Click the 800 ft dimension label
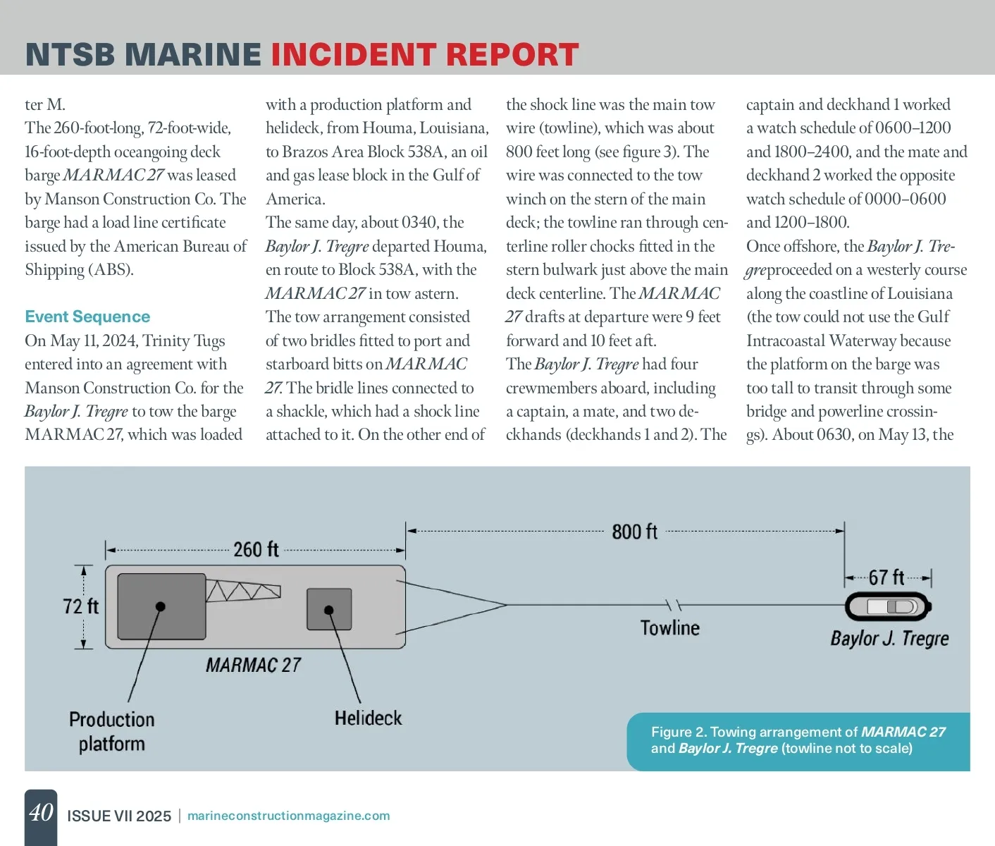pos(634,532)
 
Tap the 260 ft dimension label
pos(256,549)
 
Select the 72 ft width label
pos(80,606)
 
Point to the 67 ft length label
pos(886,578)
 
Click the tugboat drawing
pos(888,606)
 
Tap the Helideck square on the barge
pos(329,609)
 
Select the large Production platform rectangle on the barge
pos(161,606)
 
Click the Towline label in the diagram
pos(669,627)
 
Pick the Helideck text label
pos(368,718)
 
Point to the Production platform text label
pos(112,731)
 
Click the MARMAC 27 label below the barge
pos(253,665)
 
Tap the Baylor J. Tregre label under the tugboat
pos(889,639)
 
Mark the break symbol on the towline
pos(674,605)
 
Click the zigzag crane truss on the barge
pos(243,591)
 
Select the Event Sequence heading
pos(87,317)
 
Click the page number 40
pos(41,813)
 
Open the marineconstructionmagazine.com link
pos(288,816)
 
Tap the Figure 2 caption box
pos(798,740)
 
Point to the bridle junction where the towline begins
pos(506,604)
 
